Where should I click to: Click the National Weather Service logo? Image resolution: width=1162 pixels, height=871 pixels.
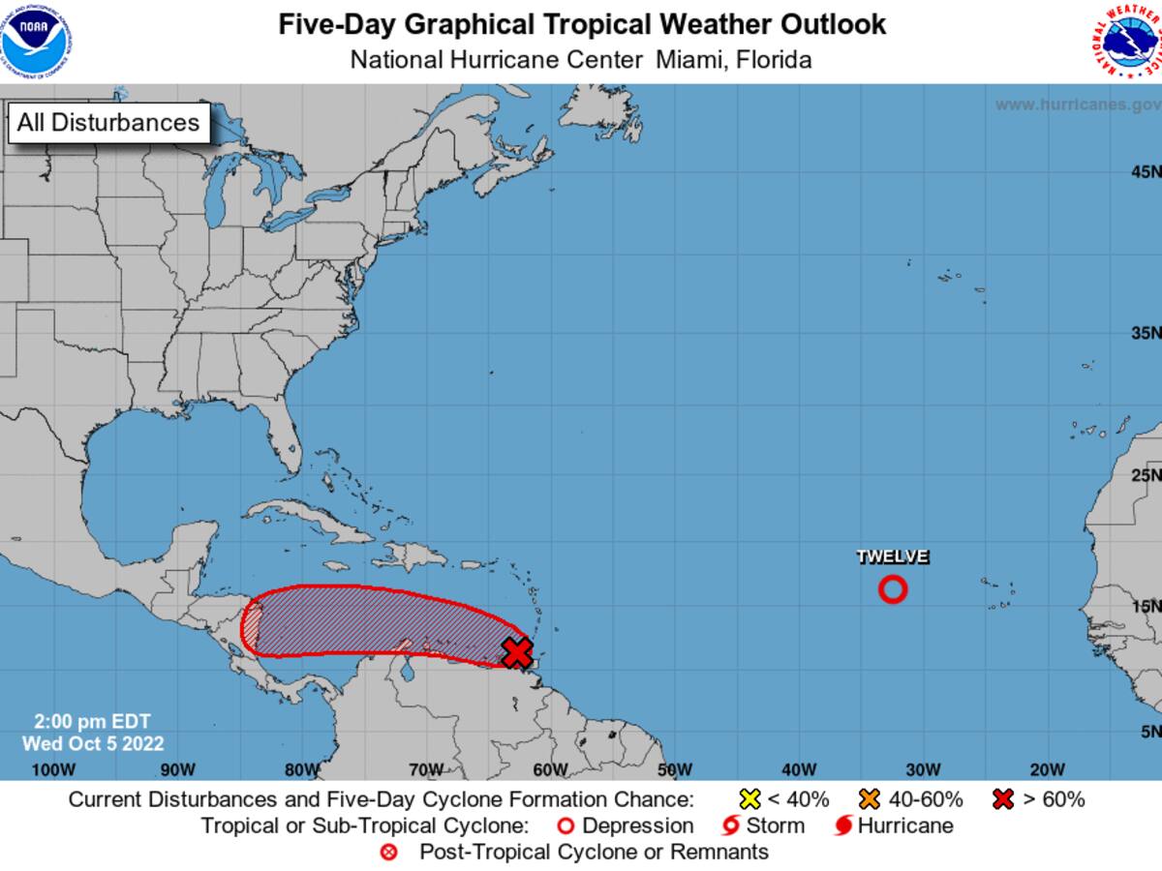click(x=1123, y=40)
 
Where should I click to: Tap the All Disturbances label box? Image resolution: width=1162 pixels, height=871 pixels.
click(x=107, y=123)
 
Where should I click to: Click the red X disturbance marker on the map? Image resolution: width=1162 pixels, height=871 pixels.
click(x=517, y=652)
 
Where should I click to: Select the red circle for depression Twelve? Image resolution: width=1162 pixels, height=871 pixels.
click(x=892, y=588)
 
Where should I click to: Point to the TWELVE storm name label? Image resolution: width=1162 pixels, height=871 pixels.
click(x=892, y=556)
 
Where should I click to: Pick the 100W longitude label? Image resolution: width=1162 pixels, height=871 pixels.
click(x=53, y=769)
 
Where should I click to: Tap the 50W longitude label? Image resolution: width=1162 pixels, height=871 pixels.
click(x=674, y=769)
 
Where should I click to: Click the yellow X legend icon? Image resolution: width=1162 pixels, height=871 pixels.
click(x=749, y=799)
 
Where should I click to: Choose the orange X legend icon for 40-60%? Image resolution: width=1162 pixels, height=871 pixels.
click(x=869, y=799)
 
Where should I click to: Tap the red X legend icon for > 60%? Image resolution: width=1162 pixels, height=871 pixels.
click(x=1004, y=799)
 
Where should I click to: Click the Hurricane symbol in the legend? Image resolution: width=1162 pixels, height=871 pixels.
click(x=843, y=826)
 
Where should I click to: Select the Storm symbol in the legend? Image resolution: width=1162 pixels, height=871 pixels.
click(x=731, y=826)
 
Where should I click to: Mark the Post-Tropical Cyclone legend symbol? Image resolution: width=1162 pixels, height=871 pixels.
click(x=389, y=853)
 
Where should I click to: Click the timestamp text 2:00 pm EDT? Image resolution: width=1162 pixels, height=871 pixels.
click(x=92, y=722)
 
